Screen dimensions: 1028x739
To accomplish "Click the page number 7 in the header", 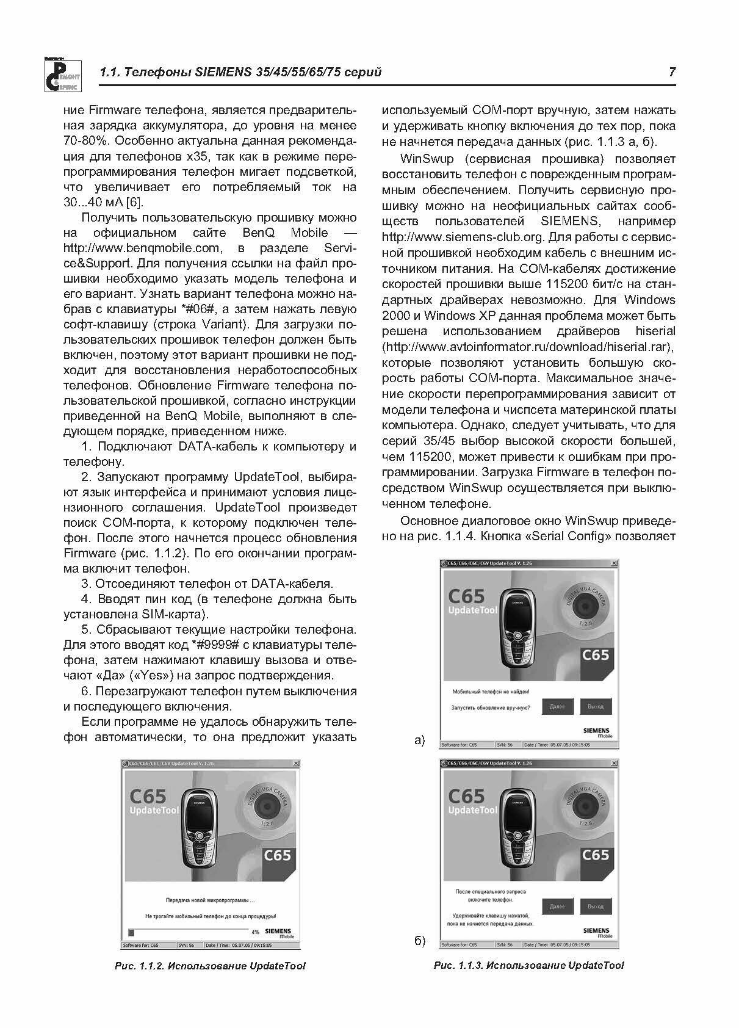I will [x=672, y=72].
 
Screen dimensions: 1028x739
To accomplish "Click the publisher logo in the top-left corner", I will [x=59, y=74].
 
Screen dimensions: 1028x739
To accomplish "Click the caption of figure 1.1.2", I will [x=211, y=966].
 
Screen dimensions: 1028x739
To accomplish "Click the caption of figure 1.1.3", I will [x=528, y=965].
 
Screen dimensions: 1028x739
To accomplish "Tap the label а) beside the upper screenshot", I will [x=419, y=740].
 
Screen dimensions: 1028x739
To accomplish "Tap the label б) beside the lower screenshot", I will [x=420, y=941].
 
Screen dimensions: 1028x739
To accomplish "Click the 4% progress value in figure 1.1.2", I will [x=255, y=933].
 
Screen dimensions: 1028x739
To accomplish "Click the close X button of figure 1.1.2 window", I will [x=296, y=764].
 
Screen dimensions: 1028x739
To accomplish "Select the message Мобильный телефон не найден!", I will [x=490, y=692].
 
